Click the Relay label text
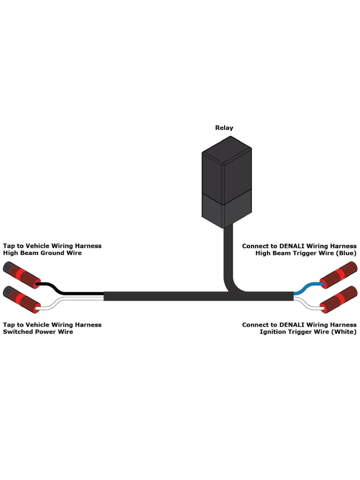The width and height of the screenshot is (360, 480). click(224, 128)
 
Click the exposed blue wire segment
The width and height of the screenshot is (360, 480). click(307, 287)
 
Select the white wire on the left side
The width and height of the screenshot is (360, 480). click(72, 300)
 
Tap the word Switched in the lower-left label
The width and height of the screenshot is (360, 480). click(18, 332)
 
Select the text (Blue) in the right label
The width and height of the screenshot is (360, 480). click(346, 253)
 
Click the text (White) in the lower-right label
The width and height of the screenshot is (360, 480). click(344, 332)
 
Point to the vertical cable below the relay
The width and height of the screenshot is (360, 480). click(229, 254)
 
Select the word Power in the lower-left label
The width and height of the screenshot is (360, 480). click(53, 332)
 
